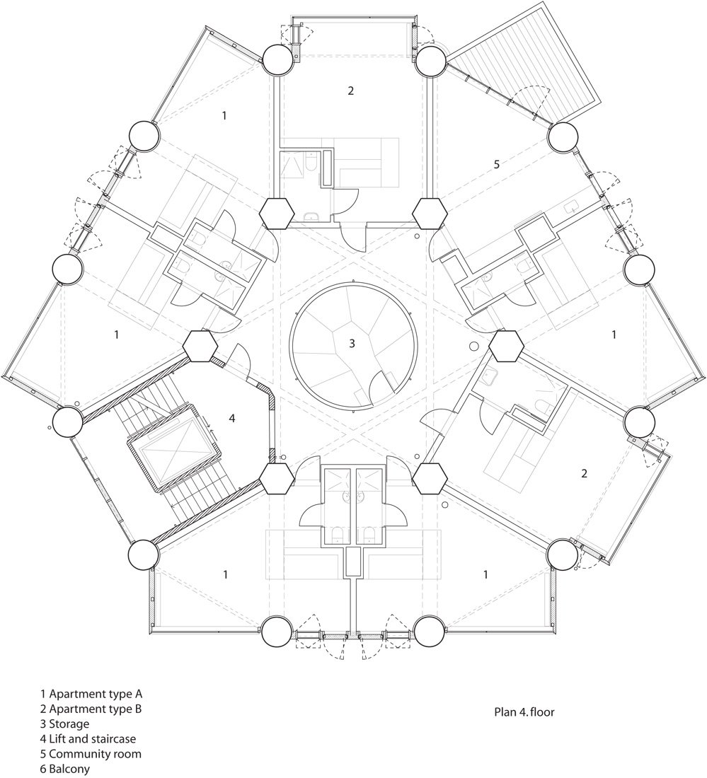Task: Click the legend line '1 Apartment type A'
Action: point(91,694)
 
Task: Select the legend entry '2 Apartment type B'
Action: point(91,709)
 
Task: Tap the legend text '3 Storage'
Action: point(65,724)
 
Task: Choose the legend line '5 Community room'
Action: point(91,754)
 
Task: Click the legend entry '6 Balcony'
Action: point(65,770)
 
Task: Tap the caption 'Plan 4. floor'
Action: point(524,712)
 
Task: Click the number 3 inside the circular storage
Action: point(352,343)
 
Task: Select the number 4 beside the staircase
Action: point(232,418)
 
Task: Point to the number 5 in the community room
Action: point(497,164)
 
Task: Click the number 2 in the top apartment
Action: point(350,91)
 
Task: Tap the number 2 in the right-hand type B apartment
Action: point(584,473)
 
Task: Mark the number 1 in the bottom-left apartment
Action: point(226,574)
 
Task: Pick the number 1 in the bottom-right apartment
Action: point(485,574)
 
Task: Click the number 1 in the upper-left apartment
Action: point(224,115)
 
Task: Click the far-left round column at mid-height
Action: point(67,270)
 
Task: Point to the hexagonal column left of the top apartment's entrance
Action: point(277,214)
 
